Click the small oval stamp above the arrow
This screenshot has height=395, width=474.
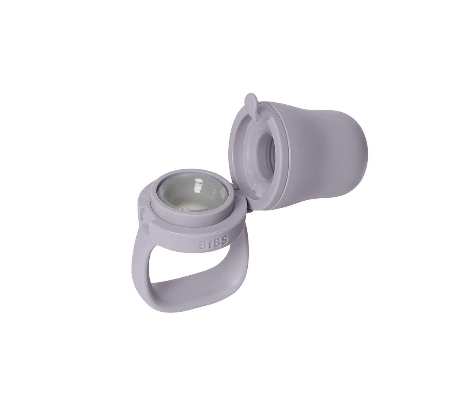(x=143, y=201)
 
